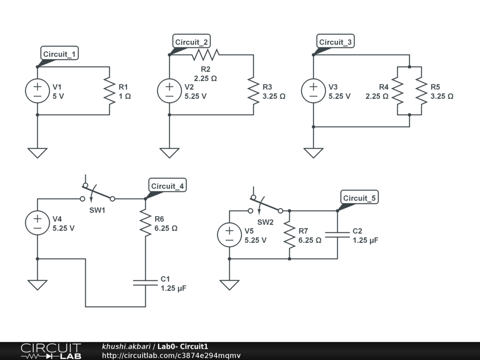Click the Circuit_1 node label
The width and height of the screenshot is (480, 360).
(59, 54)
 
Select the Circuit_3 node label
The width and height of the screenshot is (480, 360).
(335, 42)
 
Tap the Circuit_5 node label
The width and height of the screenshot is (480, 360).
(359, 198)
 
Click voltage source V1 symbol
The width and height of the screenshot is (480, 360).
(37, 91)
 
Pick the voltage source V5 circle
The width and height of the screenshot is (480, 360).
(230, 235)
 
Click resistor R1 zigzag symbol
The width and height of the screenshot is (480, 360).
(109, 91)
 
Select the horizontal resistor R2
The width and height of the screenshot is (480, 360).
(205, 55)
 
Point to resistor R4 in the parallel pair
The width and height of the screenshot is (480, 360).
(397, 91)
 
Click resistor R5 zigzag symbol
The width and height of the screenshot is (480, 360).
(421, 91)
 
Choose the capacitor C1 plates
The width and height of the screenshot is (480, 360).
(145, 282)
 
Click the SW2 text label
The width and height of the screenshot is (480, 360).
(265, 222)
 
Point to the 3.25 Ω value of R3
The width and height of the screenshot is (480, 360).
(274, 97)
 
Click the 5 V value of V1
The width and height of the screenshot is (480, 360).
(58, 97)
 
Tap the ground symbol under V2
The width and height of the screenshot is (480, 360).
(169, 153)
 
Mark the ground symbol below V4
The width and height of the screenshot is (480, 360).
(37, 285)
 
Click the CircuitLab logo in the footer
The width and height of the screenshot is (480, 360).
(51, 351)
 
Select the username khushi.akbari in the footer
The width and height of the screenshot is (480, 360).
(126, 346)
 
